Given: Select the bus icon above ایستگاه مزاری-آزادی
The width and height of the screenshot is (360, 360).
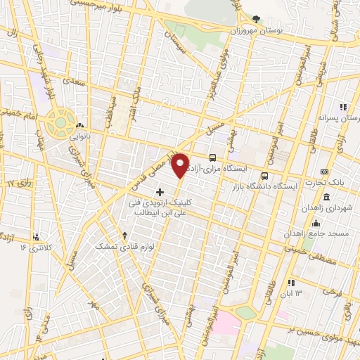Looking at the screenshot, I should pyautogui.click(x=213, y=157).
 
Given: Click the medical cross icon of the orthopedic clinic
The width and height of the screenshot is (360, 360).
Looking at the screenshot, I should pyautogui.click(x=160, y=191).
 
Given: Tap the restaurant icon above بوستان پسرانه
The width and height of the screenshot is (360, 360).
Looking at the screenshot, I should pyautogui.click(x=343, y=107).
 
